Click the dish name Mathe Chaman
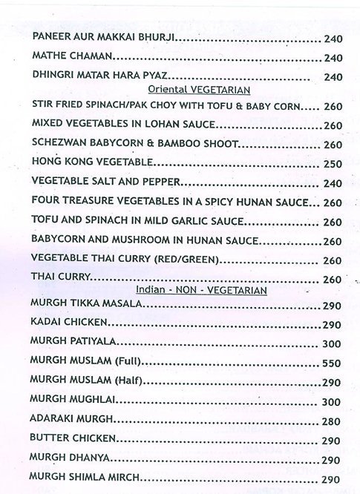[72, 57]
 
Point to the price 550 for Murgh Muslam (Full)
[332, 364]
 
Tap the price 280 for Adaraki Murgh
[332, 421]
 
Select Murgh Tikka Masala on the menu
[81, 306]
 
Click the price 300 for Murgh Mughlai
[332, 401]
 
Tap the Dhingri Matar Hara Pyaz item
[102, 76]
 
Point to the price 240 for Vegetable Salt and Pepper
[333, 183]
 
